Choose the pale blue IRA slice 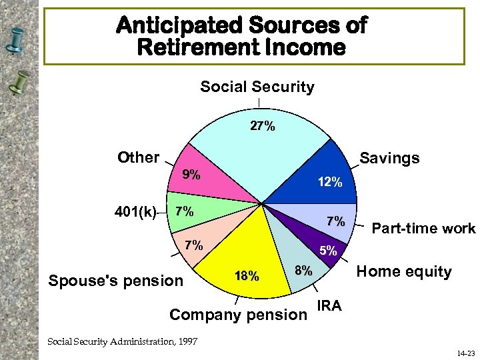click(x=300, y=267)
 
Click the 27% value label click(x=262, y=126)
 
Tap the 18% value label click(x=247, y=276)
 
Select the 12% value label click(x=329, y=181)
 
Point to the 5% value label click(x=327, y=252)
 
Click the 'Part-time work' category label click(x=423, y=229)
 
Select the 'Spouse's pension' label click(x=115, y=281)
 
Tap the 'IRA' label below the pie click(x=329, y=306)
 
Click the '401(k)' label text click(x=135, y=213)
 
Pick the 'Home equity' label click(x=404, y=271)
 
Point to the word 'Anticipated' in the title click(x=181, y=25)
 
